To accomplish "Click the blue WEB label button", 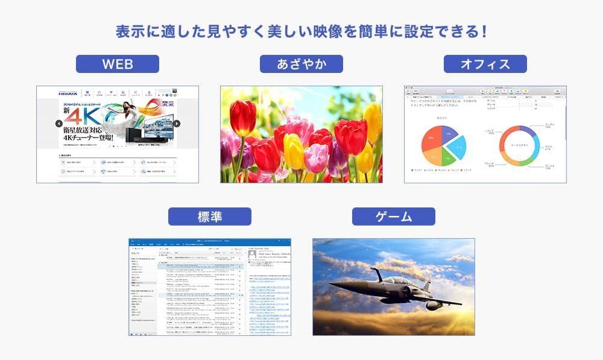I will pyautogui.click(x=118, y=64).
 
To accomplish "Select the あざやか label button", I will pyautogui.click(x=301, y=64).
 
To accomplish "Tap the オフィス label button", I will pyautogui.click(x=485, y=64).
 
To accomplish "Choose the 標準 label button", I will pyautogui.click(x=210, y=216).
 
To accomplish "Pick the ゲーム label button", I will pyautogui.click(x=394, y=216).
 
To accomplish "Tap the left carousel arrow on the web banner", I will pyautogui.click(x=59, y=124).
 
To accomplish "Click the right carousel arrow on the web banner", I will pyautogui.click(x=177, y=124).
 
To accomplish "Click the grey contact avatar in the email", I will pyautogui.click(x=253, y=254).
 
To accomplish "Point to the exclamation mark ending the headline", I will pyautogui.click(x=484, y=31).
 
